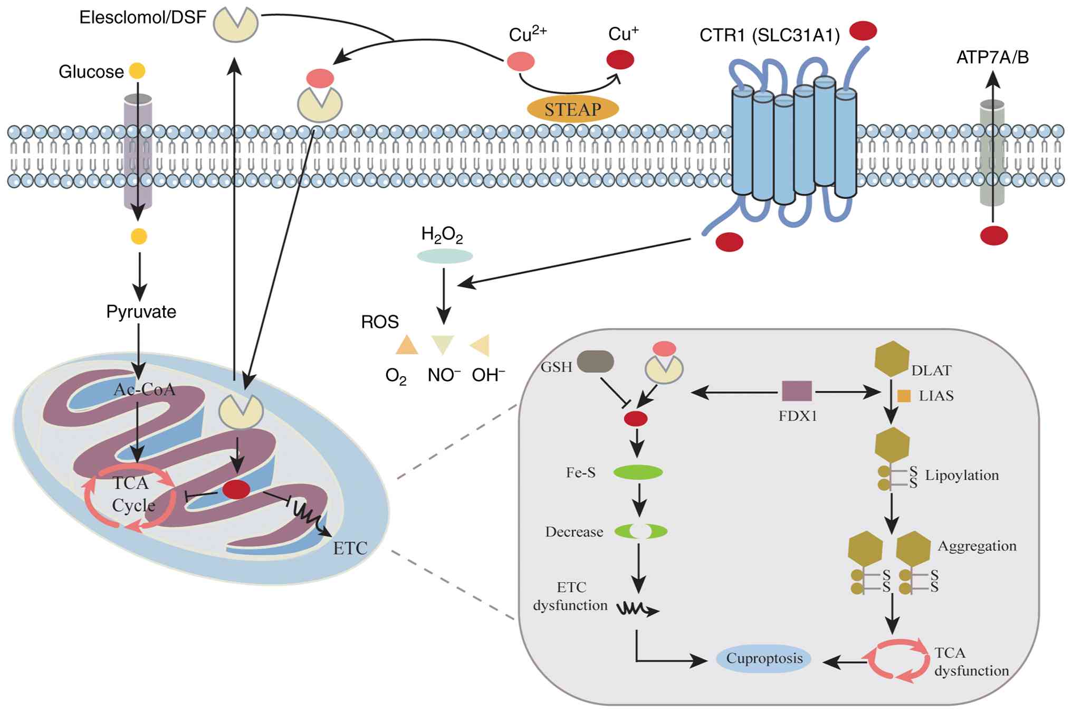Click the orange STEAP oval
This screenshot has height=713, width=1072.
[x=572, y=109]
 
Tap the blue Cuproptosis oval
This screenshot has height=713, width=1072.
[x=763, y=659]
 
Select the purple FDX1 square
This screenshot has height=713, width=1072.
[x=797, y=391]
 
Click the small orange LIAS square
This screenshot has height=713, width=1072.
[x=904, y=396]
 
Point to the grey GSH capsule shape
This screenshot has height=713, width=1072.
[x=595, y=362]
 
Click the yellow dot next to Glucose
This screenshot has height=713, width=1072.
[x=137, y=71]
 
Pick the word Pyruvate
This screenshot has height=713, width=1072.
[x=141, y=311]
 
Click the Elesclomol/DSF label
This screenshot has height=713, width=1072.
[x=142, y=17]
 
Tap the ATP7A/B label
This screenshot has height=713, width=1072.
[x=992, y=57]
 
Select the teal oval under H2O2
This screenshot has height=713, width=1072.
[x=445, y=256]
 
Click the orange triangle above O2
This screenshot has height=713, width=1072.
[x=407, y=345]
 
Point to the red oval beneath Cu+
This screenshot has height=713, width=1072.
[x=620, y=60]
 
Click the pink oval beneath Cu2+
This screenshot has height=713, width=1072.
[x=521, y=61]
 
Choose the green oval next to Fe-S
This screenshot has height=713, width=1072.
[x=638, y=472]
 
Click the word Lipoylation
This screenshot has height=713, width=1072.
[x=961, y=475]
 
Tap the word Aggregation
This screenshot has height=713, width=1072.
[x=977, y=546]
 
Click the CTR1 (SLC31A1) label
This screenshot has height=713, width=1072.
[x=769, y=35]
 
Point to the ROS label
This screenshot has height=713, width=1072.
[x=380, y=322]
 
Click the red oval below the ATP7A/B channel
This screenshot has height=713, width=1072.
[x=994, y=235]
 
